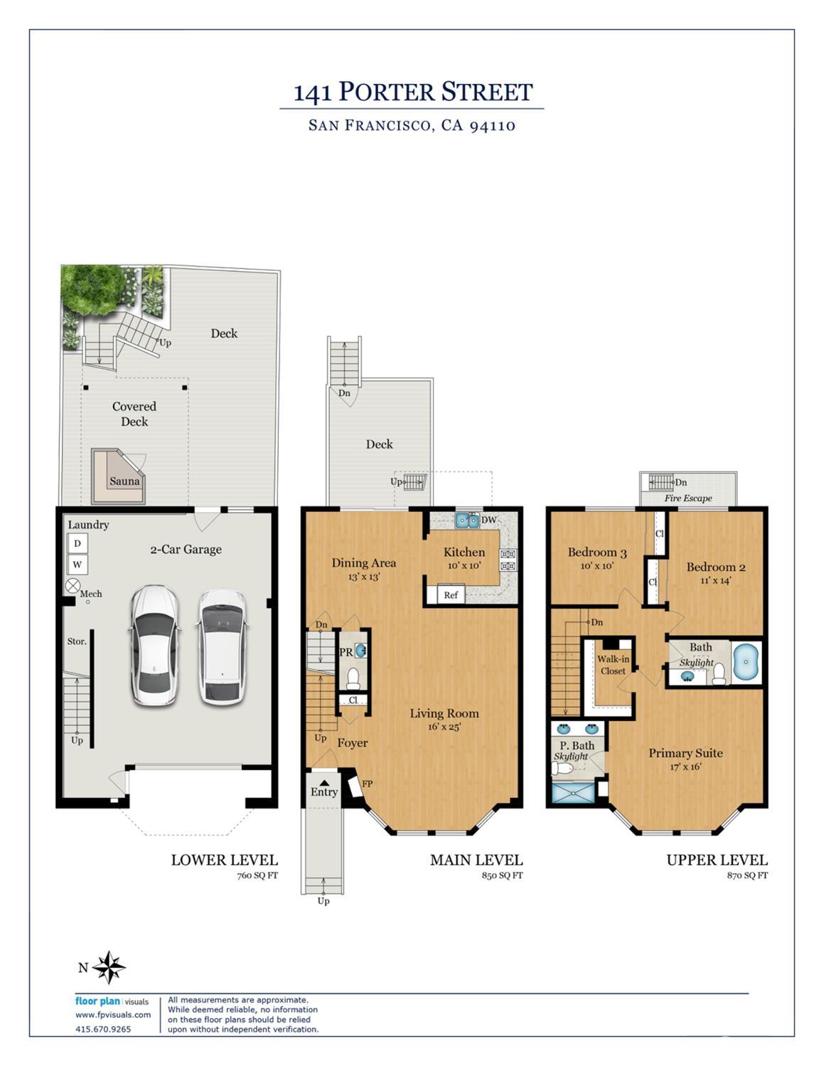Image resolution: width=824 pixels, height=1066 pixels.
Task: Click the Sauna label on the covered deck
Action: (x=124, y=481)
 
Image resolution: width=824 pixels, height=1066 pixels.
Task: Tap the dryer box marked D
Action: (x=77, y=543)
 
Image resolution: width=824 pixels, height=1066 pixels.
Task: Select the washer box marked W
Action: (x=77, y=565)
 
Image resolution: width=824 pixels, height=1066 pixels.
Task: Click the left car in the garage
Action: (x=154, y=646)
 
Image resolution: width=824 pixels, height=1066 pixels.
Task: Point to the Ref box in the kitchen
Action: (x=451, y=595)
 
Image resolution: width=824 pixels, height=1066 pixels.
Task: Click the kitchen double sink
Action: (x=467, y=521)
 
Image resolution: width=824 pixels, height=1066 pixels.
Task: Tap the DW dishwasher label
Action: (x=488, y=520)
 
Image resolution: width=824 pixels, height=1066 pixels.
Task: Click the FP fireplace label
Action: (x=368, y=784)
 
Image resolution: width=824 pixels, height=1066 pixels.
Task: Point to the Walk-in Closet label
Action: (x=613, y=665)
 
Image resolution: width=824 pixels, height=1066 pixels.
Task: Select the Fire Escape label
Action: (x=687, y=498)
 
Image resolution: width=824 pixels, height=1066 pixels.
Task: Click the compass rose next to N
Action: (x=109, y=967)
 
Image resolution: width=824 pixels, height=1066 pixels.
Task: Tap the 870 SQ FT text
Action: (x=747, y=875)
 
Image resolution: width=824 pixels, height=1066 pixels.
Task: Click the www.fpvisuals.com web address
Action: (x=113, y=1015)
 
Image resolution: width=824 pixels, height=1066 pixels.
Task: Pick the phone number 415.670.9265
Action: (x=103, y=1029)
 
